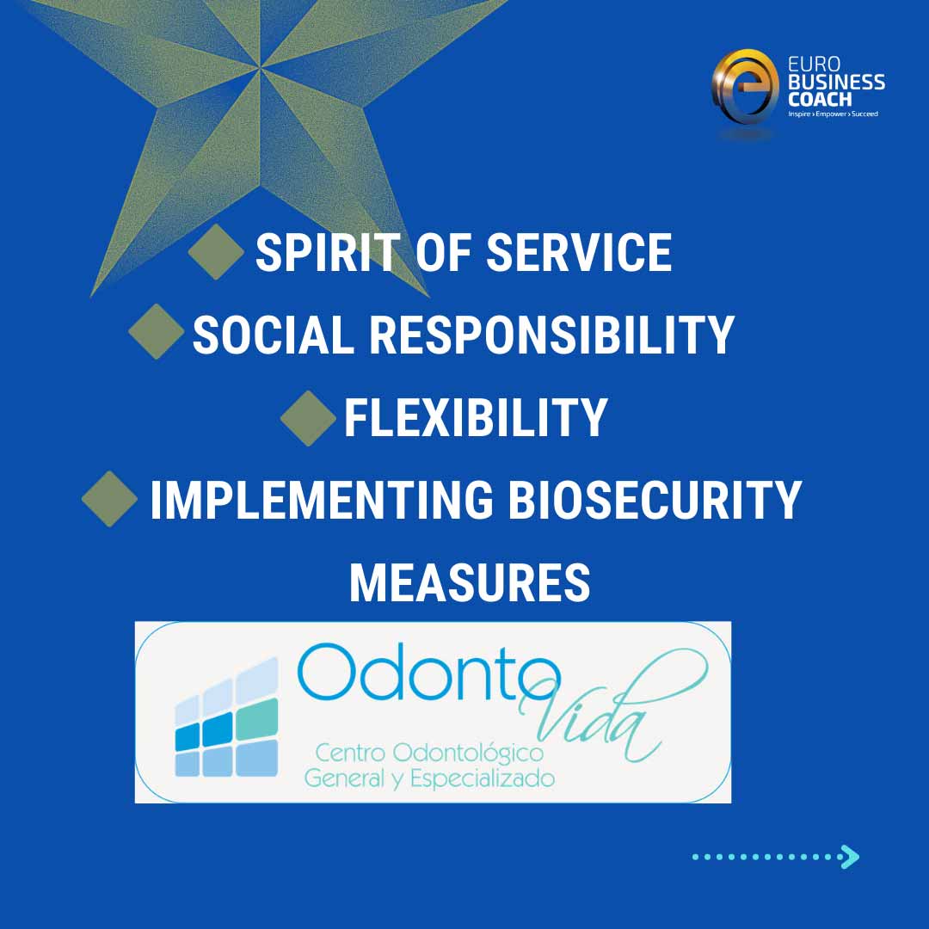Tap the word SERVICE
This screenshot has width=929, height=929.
pyautogui.click(x=579, y=253)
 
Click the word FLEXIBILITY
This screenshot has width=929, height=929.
pyautogui.click(x=476, y=417)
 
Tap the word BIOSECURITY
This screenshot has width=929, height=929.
pyautogui.click(x=654, y=500)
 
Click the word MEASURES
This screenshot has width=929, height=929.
pyautogui.click(x=470, y=582)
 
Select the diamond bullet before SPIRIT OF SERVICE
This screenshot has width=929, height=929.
pyautogui.click(x=216, y=251)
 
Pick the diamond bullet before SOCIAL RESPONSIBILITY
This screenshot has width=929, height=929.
pyautogui.click(x=157, y=331)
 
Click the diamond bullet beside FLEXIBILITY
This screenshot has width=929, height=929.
pyautogui.click(x=308, y=417)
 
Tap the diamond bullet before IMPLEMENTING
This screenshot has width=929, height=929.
pyautogui.click(x=110, y=498)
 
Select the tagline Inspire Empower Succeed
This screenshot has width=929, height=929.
pyautogui.click(x=833, y=114)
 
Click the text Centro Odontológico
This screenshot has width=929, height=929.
pyautogui.click(x=430, y=754)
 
